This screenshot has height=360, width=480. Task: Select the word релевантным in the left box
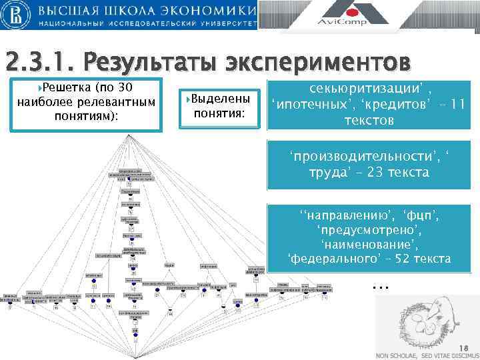tap(119, 101)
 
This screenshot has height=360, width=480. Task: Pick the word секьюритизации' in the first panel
tap(363, 90)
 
